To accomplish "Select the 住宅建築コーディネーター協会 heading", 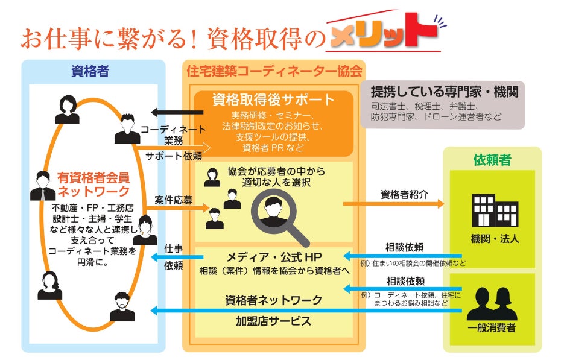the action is [274, 72].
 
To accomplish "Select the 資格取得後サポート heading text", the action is [273, 99].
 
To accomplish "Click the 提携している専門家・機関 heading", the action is [445, 92].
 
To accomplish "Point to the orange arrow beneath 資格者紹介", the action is [393, 204].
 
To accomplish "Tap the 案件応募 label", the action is [173, 200].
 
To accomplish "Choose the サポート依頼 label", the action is [173, 156].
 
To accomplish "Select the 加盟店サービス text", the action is [273, 320].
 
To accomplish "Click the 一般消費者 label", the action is [492, 329].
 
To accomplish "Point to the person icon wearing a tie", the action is [43, 186].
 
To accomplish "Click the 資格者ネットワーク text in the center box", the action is [273, 300].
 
